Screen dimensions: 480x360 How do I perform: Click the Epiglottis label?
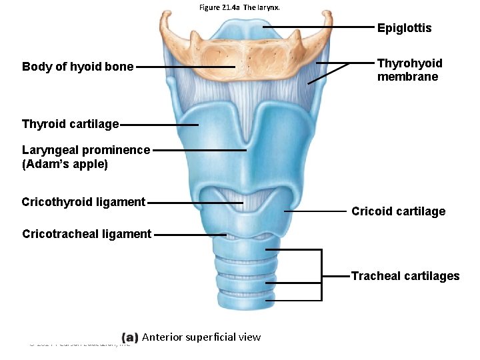404,28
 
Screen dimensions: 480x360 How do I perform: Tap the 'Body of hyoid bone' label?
77,67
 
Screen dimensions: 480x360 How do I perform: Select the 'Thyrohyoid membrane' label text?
409,70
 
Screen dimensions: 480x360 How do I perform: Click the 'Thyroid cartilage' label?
70,124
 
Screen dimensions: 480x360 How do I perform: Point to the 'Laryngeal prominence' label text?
86,150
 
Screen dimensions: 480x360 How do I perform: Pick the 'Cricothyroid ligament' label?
83,202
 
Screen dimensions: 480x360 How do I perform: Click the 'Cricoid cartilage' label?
398,211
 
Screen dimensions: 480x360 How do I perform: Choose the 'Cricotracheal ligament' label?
87,234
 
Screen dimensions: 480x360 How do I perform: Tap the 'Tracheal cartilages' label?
405,276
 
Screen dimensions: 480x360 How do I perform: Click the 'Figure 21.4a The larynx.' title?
239,7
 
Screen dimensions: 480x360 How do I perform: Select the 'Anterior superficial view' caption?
201,337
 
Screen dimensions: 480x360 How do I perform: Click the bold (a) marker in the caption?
131,337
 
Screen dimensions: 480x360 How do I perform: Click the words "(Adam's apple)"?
65,164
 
